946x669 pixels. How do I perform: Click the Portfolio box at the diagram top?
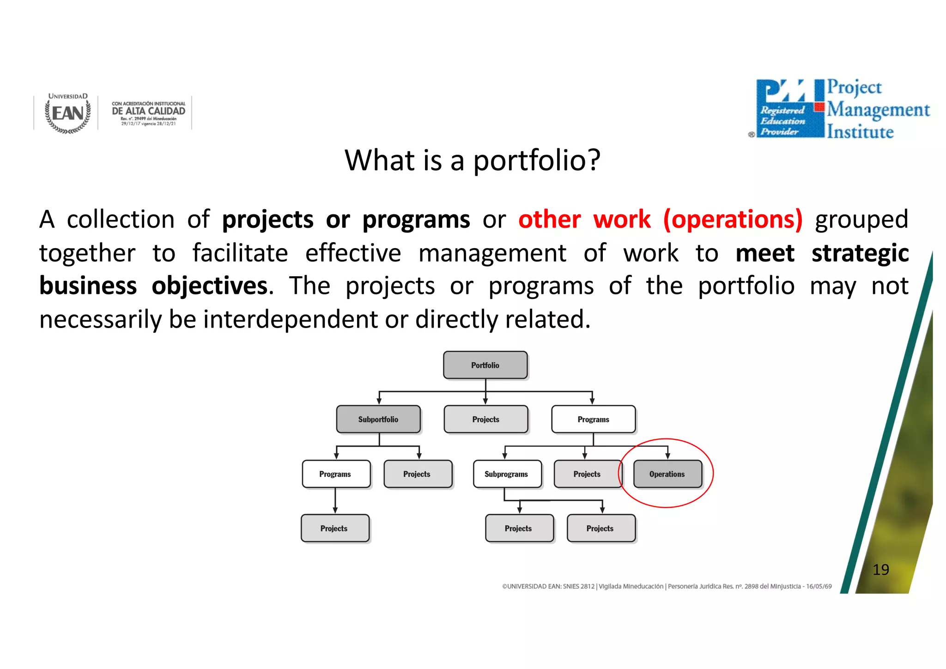(485, 365)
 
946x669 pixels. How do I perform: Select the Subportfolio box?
(378, 419)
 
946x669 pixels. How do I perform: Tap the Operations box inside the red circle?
(667, 474)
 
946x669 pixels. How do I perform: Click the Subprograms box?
(507, 474)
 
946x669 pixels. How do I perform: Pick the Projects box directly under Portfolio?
(485, 419)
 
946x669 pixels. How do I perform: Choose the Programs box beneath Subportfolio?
(336, 474)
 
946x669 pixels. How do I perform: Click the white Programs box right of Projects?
(593, 419)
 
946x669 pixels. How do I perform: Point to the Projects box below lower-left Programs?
(334, 528)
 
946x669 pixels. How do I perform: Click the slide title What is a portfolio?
(472, 160)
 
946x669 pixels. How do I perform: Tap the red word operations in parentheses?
(733, 219)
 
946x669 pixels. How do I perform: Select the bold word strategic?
(860, 253)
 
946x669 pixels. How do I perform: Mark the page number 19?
(881, 569)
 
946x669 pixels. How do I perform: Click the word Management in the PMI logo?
(878, 110)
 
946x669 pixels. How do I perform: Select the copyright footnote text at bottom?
(667, 586)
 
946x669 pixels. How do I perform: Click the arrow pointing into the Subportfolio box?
(379, 401)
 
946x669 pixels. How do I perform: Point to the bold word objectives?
(210, 286)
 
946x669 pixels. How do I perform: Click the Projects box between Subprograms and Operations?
(587, 474)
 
